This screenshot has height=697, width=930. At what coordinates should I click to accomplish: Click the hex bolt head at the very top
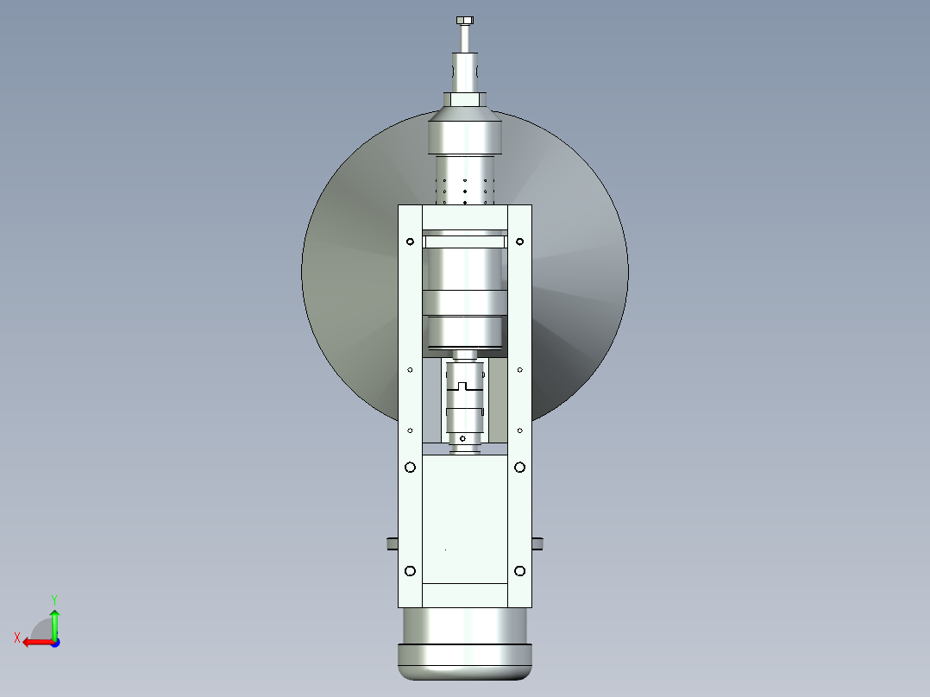[x=465, y=20]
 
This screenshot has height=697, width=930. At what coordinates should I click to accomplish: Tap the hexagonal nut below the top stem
[x=465, y=99]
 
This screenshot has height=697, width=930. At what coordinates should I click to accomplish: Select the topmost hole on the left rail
[x=410, y=242]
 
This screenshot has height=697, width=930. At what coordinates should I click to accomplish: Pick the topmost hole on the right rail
[x=519, y=242]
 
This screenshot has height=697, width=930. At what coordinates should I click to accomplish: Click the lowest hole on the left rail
[x=410, y=570]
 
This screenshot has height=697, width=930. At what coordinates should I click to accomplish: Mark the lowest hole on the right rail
[x=519, y=570]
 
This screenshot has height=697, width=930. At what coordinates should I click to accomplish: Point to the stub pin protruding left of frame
[x=391, y=543]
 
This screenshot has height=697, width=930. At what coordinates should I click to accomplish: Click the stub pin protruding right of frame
[x=537, y=543]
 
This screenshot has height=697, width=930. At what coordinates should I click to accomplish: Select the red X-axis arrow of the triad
[x=35, y=642]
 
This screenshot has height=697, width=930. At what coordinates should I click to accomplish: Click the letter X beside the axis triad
[x=16, y=637]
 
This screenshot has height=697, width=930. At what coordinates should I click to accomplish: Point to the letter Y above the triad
[x=53, y=599]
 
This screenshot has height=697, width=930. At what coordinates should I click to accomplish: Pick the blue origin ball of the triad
[x=54, y=642]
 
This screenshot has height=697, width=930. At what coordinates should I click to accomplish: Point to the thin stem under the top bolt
[x=465, y=39]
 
